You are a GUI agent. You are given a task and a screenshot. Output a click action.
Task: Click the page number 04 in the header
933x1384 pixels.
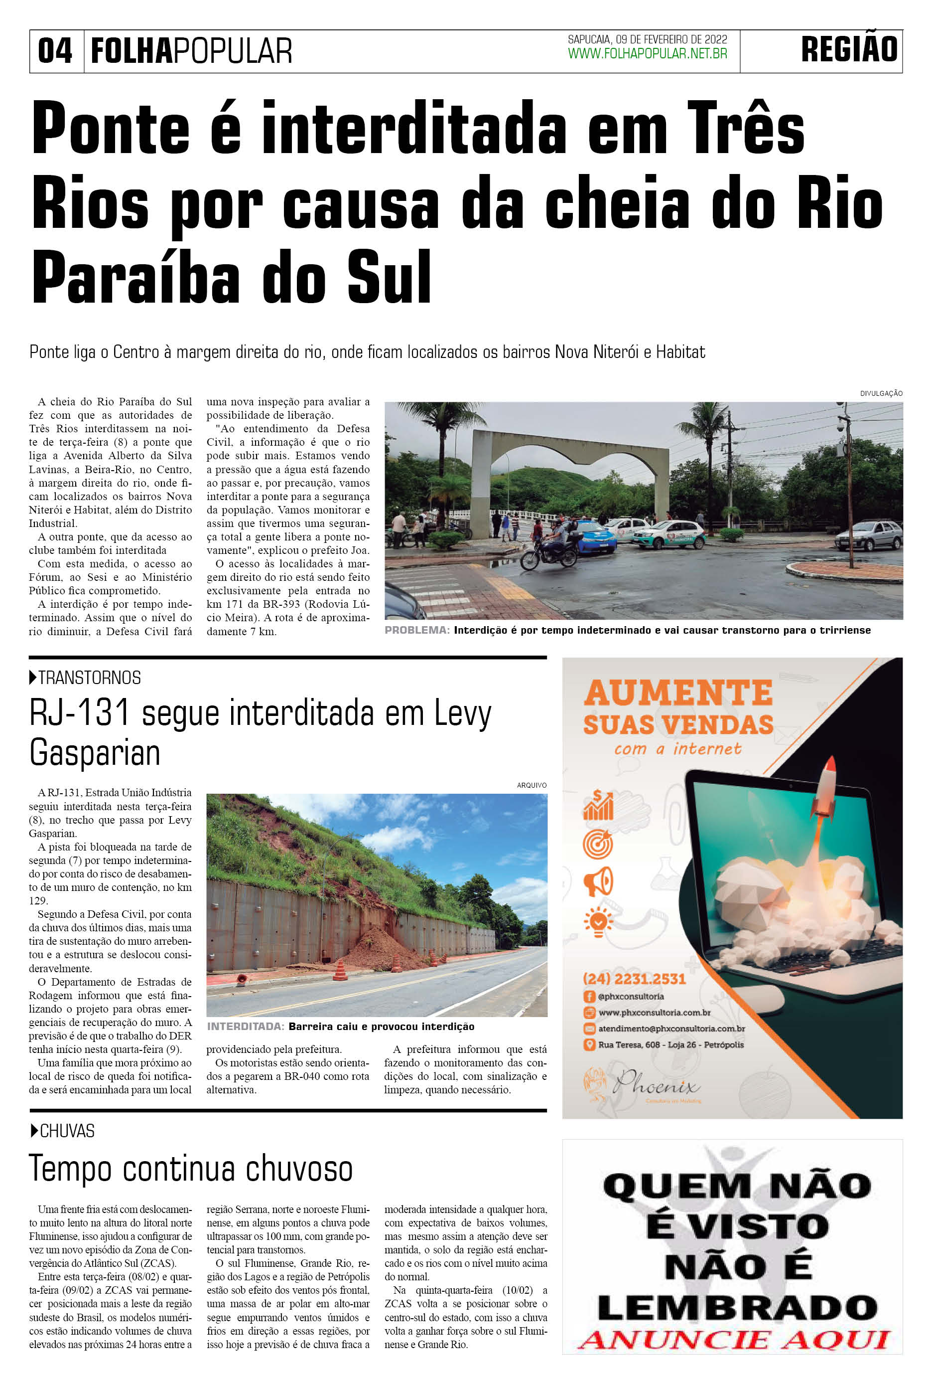pos(55,51)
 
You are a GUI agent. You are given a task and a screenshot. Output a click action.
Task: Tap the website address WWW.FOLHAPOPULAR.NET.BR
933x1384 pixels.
pos(648,54)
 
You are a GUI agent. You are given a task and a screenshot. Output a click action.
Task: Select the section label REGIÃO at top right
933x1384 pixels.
pos(849,49)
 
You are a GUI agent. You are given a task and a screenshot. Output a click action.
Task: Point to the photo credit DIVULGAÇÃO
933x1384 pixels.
pos(881,393)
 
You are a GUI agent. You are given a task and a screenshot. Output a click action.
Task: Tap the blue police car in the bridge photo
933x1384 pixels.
pos(593,536)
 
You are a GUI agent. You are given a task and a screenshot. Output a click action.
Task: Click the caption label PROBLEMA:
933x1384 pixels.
pos(416,630)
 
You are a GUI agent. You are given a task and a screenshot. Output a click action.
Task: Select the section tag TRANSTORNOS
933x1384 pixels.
pos(89,678)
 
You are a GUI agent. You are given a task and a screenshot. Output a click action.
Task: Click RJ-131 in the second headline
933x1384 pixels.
pos(79,713)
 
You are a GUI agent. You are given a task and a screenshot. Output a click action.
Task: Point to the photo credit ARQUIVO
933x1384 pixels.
pos(532,785)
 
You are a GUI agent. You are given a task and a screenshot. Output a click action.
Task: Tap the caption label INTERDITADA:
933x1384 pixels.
pos(245,1026)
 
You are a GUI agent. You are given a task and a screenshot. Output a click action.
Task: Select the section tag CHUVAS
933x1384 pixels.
pos(67,1131)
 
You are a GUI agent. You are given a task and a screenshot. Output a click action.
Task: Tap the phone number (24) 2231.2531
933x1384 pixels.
pos(634,979)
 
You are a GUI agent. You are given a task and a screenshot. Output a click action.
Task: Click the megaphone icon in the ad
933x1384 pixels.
pos(598,881)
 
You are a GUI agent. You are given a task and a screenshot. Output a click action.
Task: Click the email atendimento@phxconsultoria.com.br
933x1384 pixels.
pos(671,1028)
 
